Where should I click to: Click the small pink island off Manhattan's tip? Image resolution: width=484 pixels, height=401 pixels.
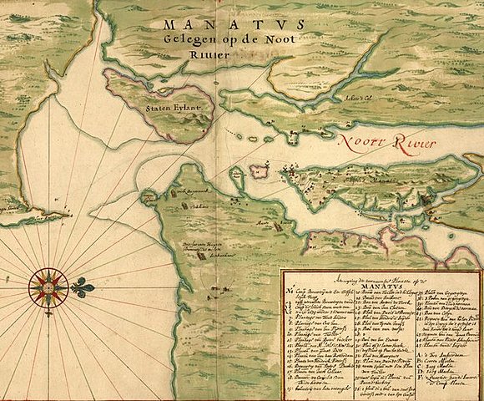258,171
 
